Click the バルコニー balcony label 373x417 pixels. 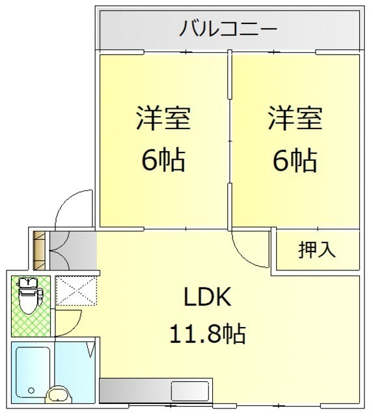tap(228, 28)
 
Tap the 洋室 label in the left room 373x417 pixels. tap(163, 118)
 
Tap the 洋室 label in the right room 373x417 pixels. tap(295, 118)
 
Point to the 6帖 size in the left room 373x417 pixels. tap(163, 160)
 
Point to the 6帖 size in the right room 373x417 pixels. tap(295, 160)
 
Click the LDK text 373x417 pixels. tap(208, 296)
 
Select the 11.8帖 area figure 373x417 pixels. tap(208, 334)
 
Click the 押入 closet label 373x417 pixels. tap(316, 250)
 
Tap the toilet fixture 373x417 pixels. tap(30, 296)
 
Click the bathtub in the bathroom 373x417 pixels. tap(33, 372)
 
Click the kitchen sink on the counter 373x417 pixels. tap(189, 391)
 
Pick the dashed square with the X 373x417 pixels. tap(76, 291)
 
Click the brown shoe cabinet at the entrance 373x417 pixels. tap(39, 250)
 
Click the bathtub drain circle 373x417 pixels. tap(31, 390)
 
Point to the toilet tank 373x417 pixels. tap(27, 282)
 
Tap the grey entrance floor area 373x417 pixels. tap(73, 250)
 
